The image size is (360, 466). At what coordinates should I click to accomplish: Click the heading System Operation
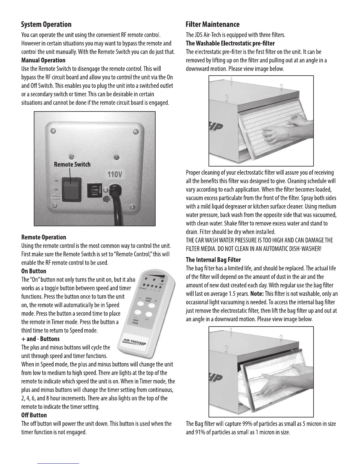(x=46, y=24)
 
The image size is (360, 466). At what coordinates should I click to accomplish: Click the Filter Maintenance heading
(x=213, y=24)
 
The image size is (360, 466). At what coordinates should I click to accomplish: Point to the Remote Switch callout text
(x=72, y=164)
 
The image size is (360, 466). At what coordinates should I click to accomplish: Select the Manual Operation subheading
(x=43, y=60)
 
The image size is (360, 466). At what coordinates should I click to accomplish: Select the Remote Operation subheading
(x=44, y=237)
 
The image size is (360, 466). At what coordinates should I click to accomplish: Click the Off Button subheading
(x=34, y=415)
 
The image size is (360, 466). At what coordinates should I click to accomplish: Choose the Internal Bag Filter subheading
(x=213, y=260)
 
